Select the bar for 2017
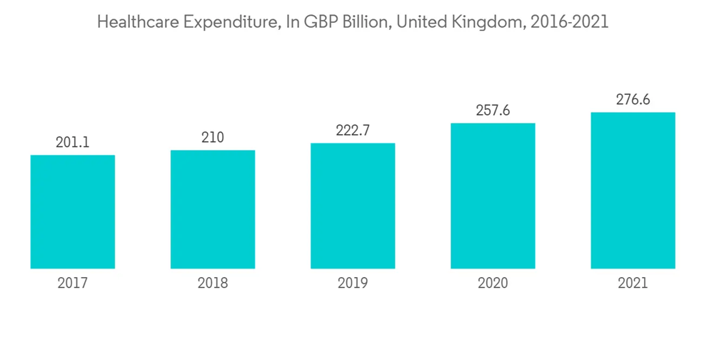click(x=73, y=212)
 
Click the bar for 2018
click(x=213, y=209)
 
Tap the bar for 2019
click(x=353, y=206)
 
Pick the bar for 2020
click(x=493, y=196)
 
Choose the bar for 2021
click(x=633, y=191)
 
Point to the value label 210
click(x=213, y=138)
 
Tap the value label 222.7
click(x=353, y=131)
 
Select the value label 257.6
click(x=493, y=111)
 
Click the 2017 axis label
click(x=73, y=284)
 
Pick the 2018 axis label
click(x=213, y=284)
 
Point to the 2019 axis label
click(x=353, y=284)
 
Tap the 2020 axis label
click(x=493, y=284)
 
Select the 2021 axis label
click(x=633, y=284)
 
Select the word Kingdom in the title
click(x=487, y=22)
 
